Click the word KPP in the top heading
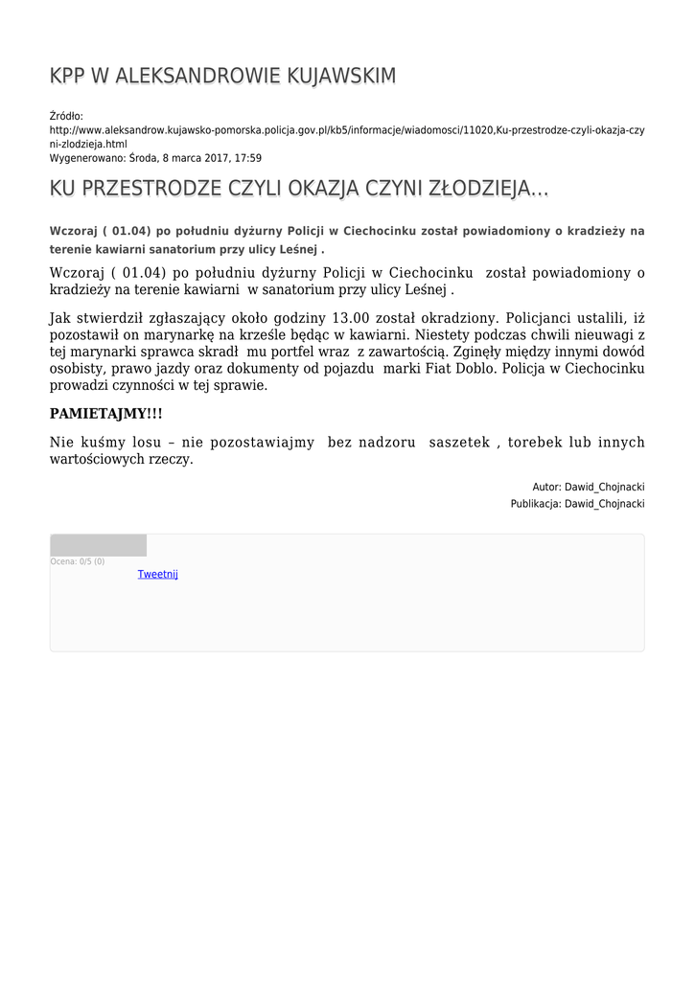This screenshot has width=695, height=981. pos(68,77)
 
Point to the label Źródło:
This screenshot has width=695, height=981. pos(66,116)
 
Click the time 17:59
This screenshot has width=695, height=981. pos(248,158)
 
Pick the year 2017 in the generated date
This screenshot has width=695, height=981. pos(211,158)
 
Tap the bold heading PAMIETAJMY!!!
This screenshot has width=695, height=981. pos(106,414)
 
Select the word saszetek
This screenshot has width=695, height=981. pos(458,442)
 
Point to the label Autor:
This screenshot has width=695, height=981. pos(546,487)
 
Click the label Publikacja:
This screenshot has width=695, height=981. pos(536,503)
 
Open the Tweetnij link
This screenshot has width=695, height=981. pos(158,574)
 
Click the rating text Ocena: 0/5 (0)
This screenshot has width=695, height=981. pos(78,561)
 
